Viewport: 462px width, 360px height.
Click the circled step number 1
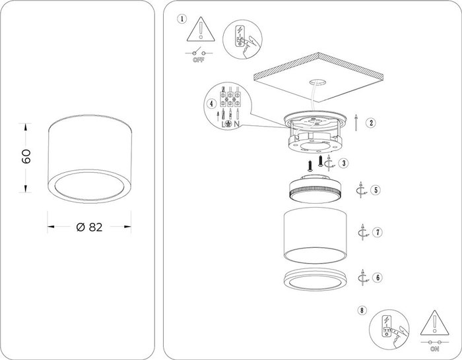[181, 19]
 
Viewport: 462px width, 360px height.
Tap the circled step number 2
[371, 123]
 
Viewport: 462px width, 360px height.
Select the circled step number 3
[344, 163]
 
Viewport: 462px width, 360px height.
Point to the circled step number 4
[211, 104]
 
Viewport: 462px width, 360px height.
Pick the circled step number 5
[376, 190]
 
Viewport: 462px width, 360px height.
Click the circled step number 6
[378, 278]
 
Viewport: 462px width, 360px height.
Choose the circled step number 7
[378, 232]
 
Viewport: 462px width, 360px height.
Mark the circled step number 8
[362, 310]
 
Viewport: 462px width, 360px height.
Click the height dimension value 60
[26, 156]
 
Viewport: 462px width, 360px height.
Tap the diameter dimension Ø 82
[89, 227]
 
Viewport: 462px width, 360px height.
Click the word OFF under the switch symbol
[198, 60]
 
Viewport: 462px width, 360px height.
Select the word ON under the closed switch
[434, 349]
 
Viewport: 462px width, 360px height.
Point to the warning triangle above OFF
[201, 30]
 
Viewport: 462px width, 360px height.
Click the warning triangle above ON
[434, 323]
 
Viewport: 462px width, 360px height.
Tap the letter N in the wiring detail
[236, 124]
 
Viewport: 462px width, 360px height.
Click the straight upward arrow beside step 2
[356, 123]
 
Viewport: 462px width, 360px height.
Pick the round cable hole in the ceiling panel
[317, 82]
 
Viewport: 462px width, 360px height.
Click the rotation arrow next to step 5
[360, 190]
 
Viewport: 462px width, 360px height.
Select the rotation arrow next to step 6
[363, 278]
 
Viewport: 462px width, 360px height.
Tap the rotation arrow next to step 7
[363, 232]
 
